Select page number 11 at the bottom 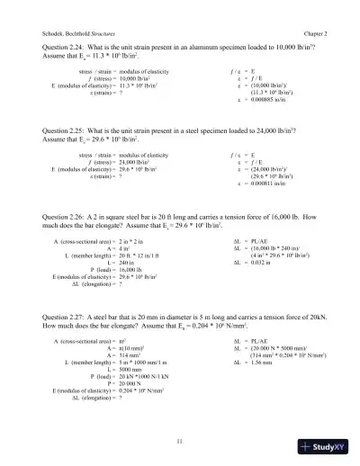pyautogui.click(x=181, y=440)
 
